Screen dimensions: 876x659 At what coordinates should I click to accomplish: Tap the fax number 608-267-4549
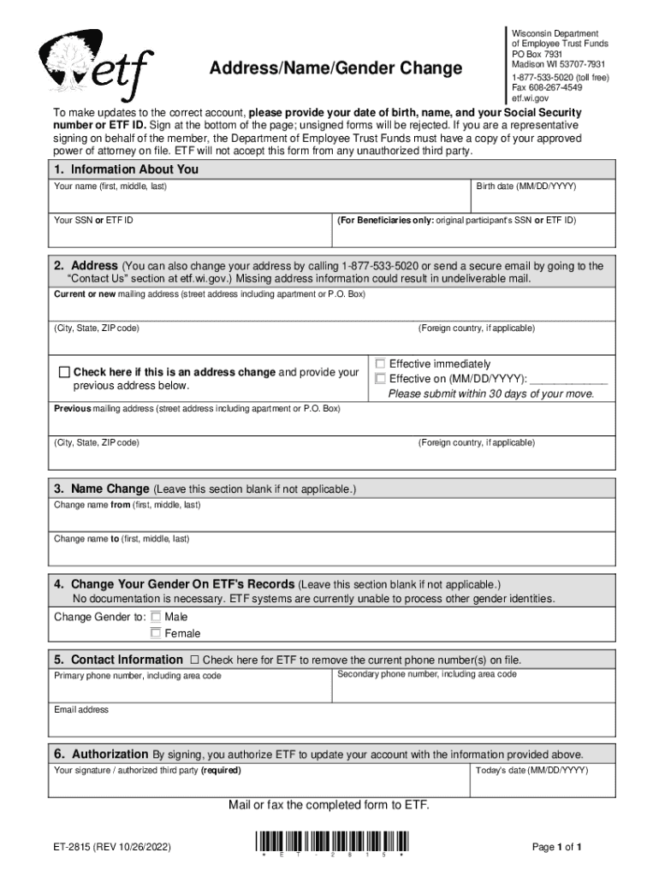(x=547, y=87)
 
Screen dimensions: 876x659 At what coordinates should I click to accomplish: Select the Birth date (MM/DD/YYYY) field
(x=543, y=199)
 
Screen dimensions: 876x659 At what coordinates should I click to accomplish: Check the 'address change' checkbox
(x=64, y=372)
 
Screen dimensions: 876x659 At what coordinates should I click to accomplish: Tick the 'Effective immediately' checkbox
(x=381, y=364)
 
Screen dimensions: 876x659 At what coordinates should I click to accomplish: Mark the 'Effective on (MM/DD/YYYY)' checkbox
(x=381, y=379)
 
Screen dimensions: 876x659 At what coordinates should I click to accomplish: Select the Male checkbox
(x=156, y=616)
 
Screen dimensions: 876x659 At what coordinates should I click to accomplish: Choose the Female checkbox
(x=156, y=633)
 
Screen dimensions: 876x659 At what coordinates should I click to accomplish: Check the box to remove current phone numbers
(x=194, y=660)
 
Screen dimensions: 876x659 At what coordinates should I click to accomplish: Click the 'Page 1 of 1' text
(x=557, y=847)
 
